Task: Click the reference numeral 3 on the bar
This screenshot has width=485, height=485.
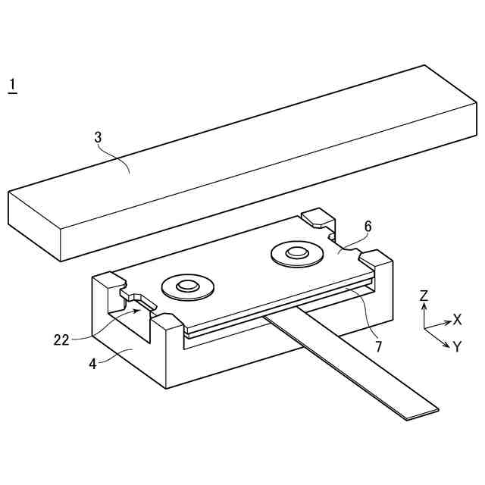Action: tap(98, 137)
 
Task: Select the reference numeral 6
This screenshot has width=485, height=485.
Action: tap(368, 226)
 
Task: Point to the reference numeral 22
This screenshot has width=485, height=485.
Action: tap(61, 339)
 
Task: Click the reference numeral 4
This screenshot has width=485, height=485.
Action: tap(92, 363)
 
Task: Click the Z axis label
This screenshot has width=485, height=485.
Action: tap(424, 296)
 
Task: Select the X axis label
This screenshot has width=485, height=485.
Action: tap(457, 319)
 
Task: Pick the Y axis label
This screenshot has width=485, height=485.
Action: tap(457, 347)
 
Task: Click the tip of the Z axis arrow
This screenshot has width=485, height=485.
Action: tap(424, 305)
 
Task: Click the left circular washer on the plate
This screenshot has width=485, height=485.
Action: tap(187, 286)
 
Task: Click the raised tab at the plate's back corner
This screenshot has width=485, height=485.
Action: tap(317, 220)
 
